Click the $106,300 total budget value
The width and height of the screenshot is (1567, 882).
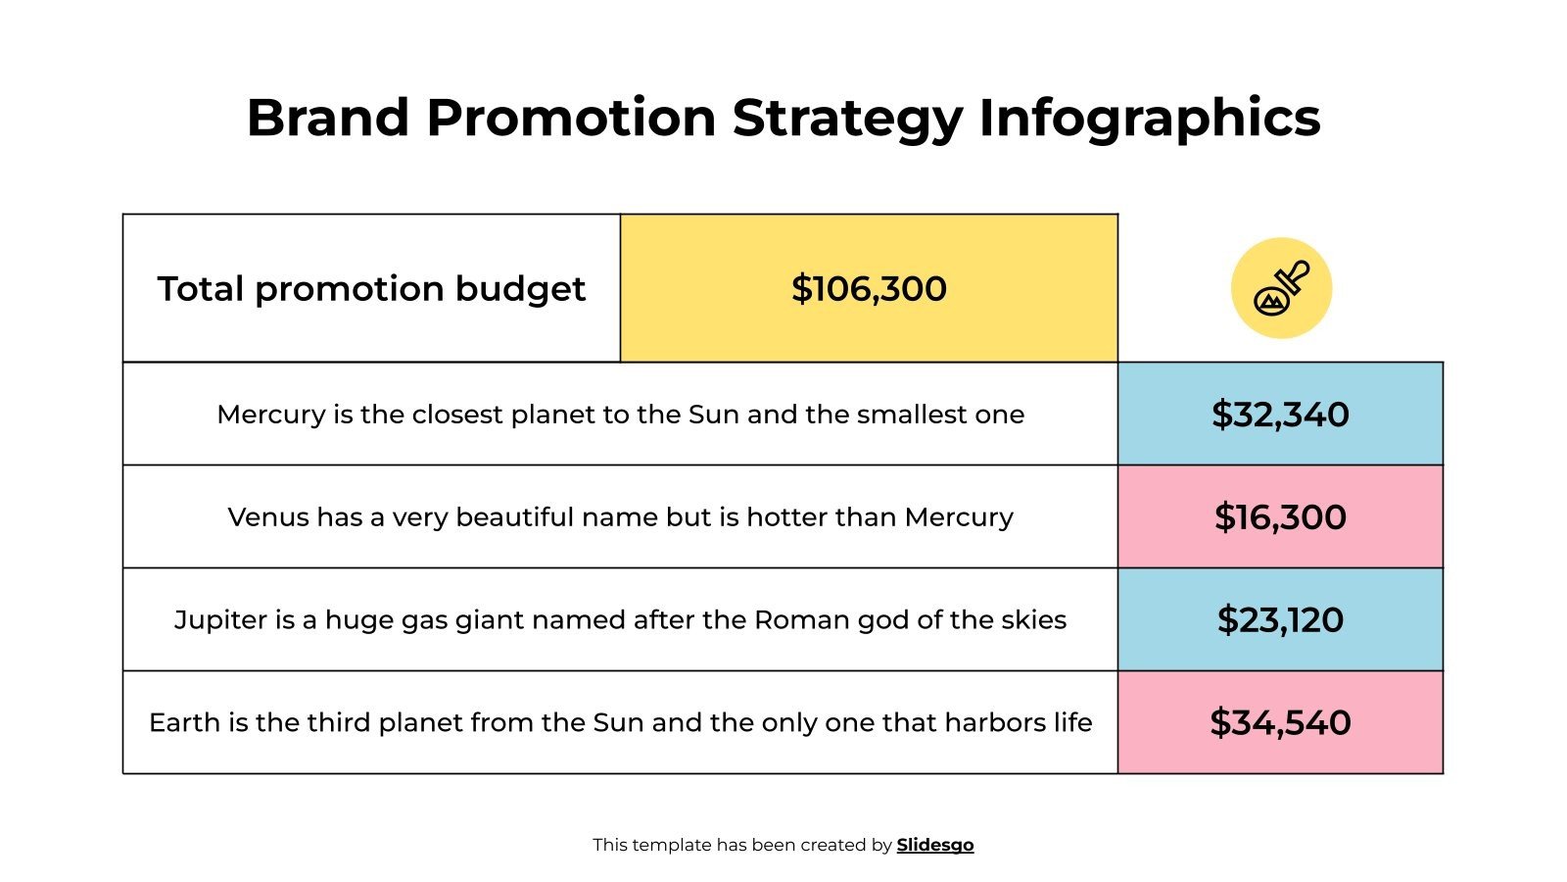click(x=869, y=289)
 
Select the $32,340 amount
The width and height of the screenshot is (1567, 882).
click(x=1280, y=415)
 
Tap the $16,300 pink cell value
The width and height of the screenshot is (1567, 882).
click(x=1280, y=517)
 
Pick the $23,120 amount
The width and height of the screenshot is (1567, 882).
click(x=1280, y=620)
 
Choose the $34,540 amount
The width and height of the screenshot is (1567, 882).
click(x=1280, y=723)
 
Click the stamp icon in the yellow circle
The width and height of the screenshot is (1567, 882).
click(x=1281, y=288)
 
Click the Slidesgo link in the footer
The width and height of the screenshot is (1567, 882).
click(x=935, y=845)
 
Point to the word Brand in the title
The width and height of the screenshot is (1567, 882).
click(x=327, y=118)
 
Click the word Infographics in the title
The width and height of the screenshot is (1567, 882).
click(x=1149, y=120)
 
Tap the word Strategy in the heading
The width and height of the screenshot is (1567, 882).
click(x=847, y=120)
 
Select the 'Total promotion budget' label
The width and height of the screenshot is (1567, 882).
click(x=371, y=289)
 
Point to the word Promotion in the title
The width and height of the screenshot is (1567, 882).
click(x=571, y=118)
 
